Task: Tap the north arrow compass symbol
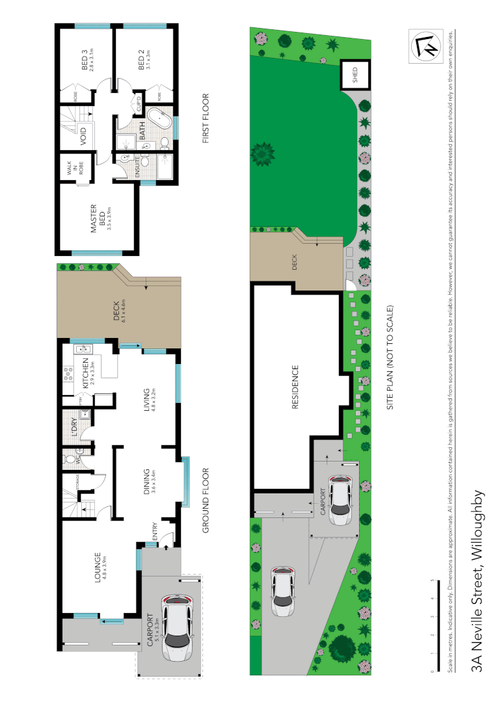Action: (x=425, y=46)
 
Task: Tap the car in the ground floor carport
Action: (x=178, y=629)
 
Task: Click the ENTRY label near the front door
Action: (x=155, y=531)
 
